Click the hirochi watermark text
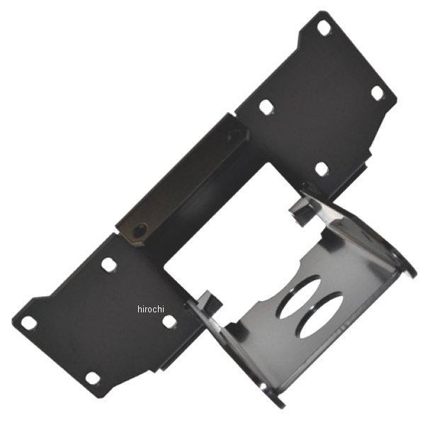pyautogui.click(x=151, y=309)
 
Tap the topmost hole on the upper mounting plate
pyautogui.click(x=324, y=28)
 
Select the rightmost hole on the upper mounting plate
pyautogui.click(x=378, y=93)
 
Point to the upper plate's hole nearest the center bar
pyautogui.click(x=266, y=106)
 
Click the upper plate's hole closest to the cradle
pyautogui.click(x=322, y=169)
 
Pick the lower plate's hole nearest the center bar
pyautogui.click(x=108, y=265)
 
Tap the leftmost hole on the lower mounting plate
pyautogui.click(x=29, y=323)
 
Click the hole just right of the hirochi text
pyautogui.click(x=169, y=322)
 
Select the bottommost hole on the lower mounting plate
pyautogui.click(x=92, y=378)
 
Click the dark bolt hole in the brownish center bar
pyautogui.click(x=140, y=231)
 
